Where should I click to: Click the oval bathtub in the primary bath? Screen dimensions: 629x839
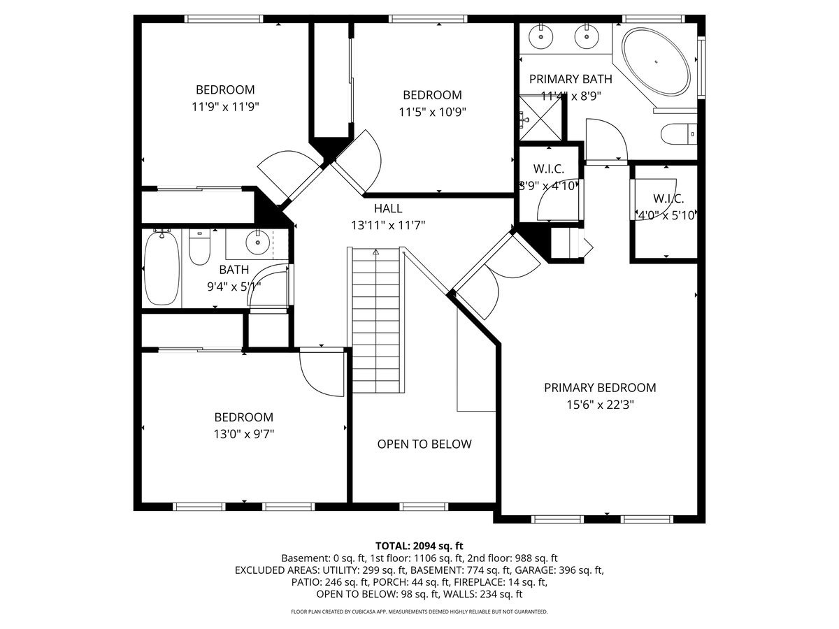click(x=657, y=62)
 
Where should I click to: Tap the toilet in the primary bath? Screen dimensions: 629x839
click(x=679, y=133)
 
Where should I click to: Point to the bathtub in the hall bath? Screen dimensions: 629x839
click(x=161, y=268)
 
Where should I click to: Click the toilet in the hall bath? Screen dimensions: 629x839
click(x=200, y=249)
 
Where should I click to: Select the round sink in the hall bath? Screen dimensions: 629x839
click(x=258, y=243)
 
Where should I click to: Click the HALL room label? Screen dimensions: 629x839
click(x=387, y=208)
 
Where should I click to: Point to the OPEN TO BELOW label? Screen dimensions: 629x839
click(x=424, y=444)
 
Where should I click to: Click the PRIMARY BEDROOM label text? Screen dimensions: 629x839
click(x=600, y=387)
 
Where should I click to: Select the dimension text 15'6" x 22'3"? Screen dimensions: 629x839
click(x=600, y=405)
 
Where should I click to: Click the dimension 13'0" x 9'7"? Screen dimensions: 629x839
click(x=243, y=433)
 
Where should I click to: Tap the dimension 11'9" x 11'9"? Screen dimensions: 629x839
click(x=224, y=107)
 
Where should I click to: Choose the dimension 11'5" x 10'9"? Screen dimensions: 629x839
click(x=432, y=112)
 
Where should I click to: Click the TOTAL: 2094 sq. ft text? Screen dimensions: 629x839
click(x=419, y=545)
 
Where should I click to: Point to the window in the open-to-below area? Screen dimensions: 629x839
click(x=424, y=506)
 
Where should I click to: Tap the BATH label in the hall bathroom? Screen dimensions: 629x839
click(x=234, y=270)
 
